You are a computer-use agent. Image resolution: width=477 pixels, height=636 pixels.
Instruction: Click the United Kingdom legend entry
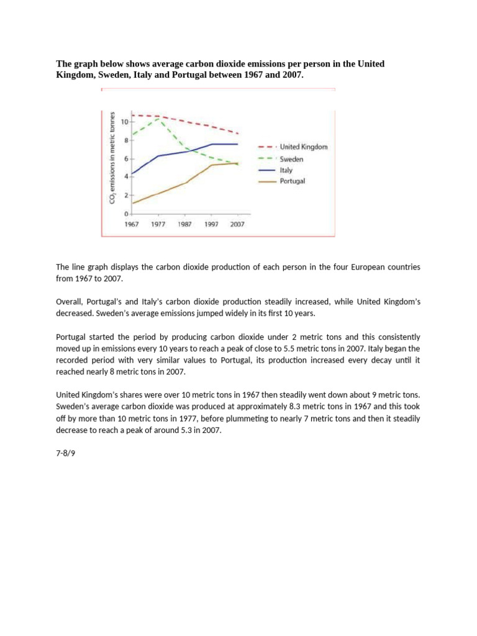click(x=303, y=147)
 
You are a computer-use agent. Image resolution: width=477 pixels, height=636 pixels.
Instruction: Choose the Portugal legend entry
click(x=293, y=181)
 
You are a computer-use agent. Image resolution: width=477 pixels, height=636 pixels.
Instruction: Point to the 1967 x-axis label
click(x=131, y=224)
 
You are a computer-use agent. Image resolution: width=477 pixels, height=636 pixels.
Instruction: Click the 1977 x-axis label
click(x=158, y=224)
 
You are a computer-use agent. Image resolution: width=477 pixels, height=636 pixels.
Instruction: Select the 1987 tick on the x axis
click(x=184, y=224)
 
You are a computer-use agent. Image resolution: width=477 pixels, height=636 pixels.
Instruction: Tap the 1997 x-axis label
click(x=211, y=224)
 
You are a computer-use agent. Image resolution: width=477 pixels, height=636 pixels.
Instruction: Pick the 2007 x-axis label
click(x=237, y=224)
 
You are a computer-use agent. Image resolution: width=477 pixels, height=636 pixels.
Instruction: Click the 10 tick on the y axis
click(x=124, y=122)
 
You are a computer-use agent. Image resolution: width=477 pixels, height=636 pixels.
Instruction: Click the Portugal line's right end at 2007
click(x=238, y=163)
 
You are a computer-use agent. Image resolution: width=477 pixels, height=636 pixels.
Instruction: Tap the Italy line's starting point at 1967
click(x=132, y=174)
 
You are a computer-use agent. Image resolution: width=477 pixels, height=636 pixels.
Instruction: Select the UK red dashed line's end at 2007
click(x=238, y=134)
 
